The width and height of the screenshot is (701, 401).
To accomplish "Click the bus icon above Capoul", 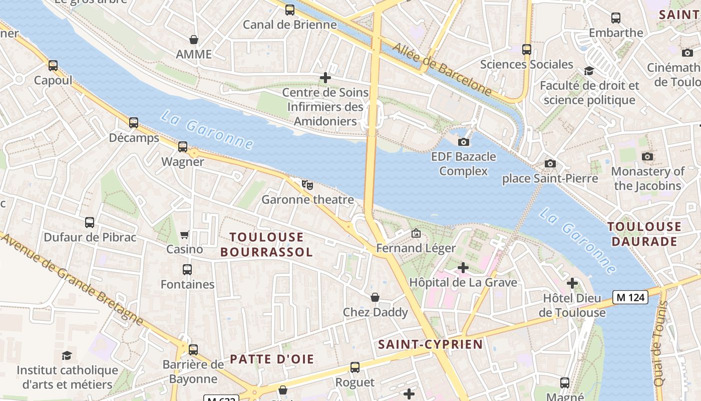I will [x=53, y=65].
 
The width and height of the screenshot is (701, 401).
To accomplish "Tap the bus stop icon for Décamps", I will [x=134, y=123].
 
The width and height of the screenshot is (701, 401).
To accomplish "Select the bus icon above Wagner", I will [x=183, y=147].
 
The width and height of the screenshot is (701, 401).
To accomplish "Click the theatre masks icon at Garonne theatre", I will [x=307, y=184].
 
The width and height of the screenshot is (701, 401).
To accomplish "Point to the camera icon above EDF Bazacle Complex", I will [x=464, y=142].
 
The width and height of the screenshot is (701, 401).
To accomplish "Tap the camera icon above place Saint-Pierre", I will [x=550, y=163].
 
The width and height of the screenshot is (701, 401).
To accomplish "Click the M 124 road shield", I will [x=630, y=297].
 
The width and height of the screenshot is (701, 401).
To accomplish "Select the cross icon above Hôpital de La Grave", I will [x=463, y=268].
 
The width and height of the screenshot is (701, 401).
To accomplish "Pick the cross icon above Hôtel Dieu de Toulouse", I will [x=572, y=284].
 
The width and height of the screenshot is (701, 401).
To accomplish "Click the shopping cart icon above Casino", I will [x=185, y=235].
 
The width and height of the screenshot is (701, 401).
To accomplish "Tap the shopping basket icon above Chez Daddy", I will [x=375, y=298].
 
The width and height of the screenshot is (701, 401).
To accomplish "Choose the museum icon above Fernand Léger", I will [x=416, y=233].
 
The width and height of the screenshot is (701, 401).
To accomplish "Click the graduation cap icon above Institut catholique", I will [x=67, y=356].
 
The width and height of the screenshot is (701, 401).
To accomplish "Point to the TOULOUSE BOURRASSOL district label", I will [x=266, y=244].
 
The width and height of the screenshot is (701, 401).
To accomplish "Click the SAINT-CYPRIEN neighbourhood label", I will [x=431, y=344].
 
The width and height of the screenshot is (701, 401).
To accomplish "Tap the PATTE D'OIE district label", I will [x=272, y=359].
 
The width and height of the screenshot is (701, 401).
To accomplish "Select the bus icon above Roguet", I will [x=355, y=367].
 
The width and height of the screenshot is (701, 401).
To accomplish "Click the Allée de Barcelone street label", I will [x=442, y=69].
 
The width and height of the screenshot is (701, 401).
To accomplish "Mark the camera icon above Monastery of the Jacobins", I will [x=647, y=156].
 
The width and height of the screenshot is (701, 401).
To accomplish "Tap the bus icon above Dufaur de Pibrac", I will [x=90, y=223].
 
